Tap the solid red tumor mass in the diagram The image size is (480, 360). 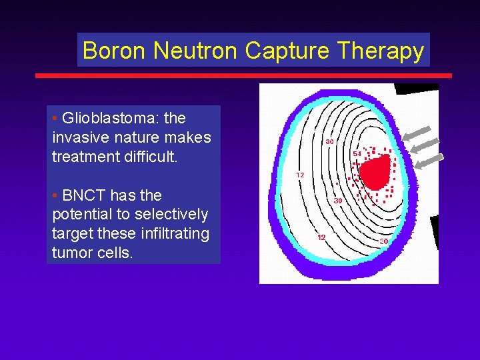[x=375, y=171]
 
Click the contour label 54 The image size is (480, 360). [x=357, y=153]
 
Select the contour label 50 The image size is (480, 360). [x=384, y=241]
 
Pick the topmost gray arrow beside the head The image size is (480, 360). [x=417, y=133]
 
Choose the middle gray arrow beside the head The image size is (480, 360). [x=425, y=146]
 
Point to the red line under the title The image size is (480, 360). [x=243, y=75]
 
